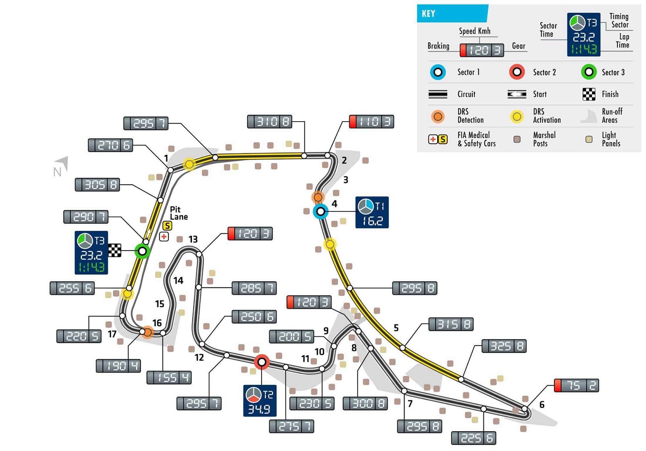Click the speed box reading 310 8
coord(269,121)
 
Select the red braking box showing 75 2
coord(576,385)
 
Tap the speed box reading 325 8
coord(504,346)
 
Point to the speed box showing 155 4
coord(169,377)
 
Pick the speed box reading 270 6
coord(110,145)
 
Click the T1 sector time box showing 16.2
coord(372,213)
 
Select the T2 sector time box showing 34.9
coord(260,400)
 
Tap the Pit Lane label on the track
coord(178,213)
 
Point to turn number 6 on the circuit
coord(542,404)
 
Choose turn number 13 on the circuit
coord(193,239)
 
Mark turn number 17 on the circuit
coord(112,334)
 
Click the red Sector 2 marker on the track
coord(262,362)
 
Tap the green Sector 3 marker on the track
coord(142,251)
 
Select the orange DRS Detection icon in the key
coord(438,116)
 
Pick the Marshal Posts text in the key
coord(544,139)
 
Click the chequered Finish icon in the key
coord(589,94)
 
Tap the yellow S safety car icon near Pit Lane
coord(167,226)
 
